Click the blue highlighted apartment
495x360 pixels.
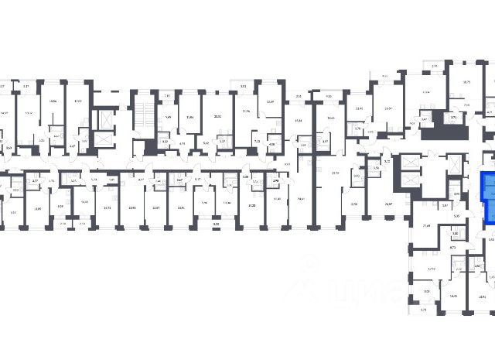tap(487, 197)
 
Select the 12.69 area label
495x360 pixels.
tap(270, 101)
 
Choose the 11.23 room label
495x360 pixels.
tap(251, 206)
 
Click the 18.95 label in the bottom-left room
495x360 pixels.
tap(37, 207)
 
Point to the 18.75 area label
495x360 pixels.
tap(466, 81)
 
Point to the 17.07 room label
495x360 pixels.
tap(77, 101)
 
